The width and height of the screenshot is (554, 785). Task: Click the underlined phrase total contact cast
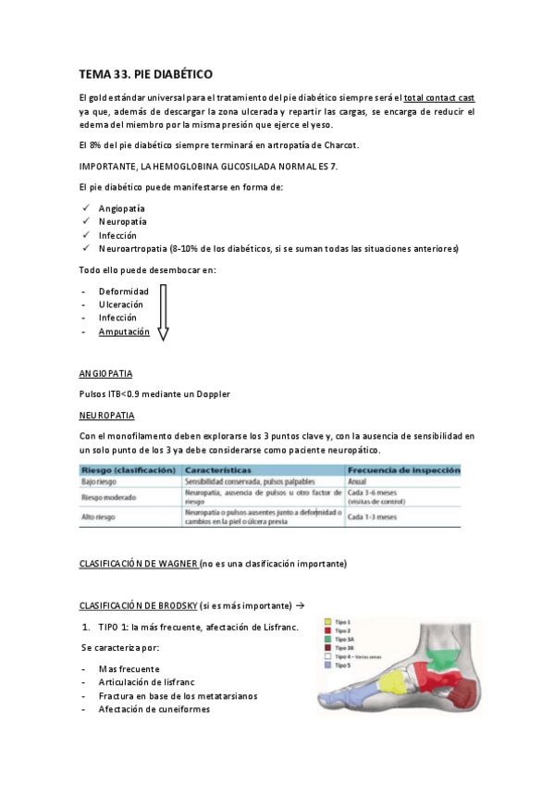coord(439,97)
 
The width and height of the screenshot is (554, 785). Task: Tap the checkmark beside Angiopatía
coord(85,208)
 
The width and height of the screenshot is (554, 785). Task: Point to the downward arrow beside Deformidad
coord(163,312)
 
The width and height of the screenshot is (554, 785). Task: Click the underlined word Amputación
coord(124,331)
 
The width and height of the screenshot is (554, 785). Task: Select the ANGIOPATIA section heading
coord(105,374)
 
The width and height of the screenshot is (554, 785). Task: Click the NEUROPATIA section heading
coord(107,415)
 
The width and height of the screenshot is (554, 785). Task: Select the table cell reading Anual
coord(358,482)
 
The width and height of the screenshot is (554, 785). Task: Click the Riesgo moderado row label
coord(109,497)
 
